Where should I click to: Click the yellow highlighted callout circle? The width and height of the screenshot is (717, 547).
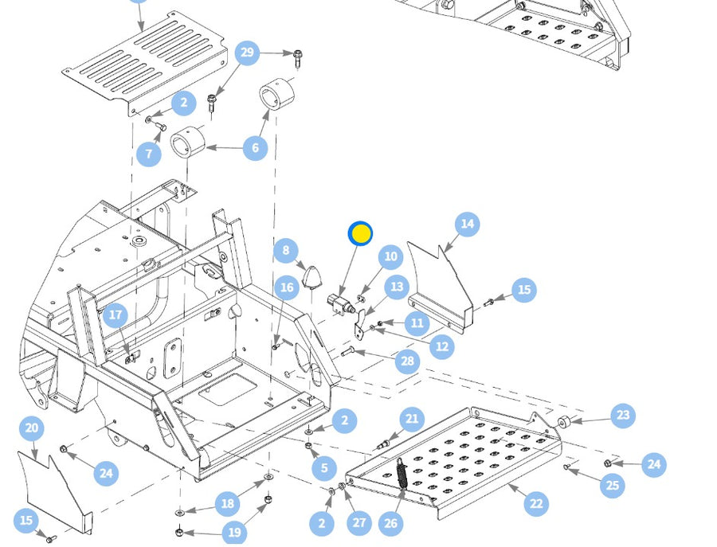[361, 233]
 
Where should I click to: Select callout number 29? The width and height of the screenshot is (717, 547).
[247, 53]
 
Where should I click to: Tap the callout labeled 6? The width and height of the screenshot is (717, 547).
[255, 147]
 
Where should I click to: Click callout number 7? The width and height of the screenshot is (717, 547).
[149, 154]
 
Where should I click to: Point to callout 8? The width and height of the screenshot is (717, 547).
[285, 252]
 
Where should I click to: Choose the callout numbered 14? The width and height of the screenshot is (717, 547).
[468, 225]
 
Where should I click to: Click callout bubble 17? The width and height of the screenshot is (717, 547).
[116, 315]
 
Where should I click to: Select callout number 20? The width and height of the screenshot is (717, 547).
[32, 428]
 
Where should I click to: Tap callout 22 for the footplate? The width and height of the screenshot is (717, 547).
[536, 503]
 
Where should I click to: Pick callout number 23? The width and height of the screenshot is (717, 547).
[623, 415]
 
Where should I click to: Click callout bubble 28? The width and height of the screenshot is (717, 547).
[408, 361]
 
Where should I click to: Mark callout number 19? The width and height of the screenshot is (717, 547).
[233, 533]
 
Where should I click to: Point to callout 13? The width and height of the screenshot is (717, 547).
[396, 287]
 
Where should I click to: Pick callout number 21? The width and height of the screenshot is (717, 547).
[412, 419]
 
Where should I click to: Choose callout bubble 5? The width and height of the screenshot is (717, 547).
[324, 468]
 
